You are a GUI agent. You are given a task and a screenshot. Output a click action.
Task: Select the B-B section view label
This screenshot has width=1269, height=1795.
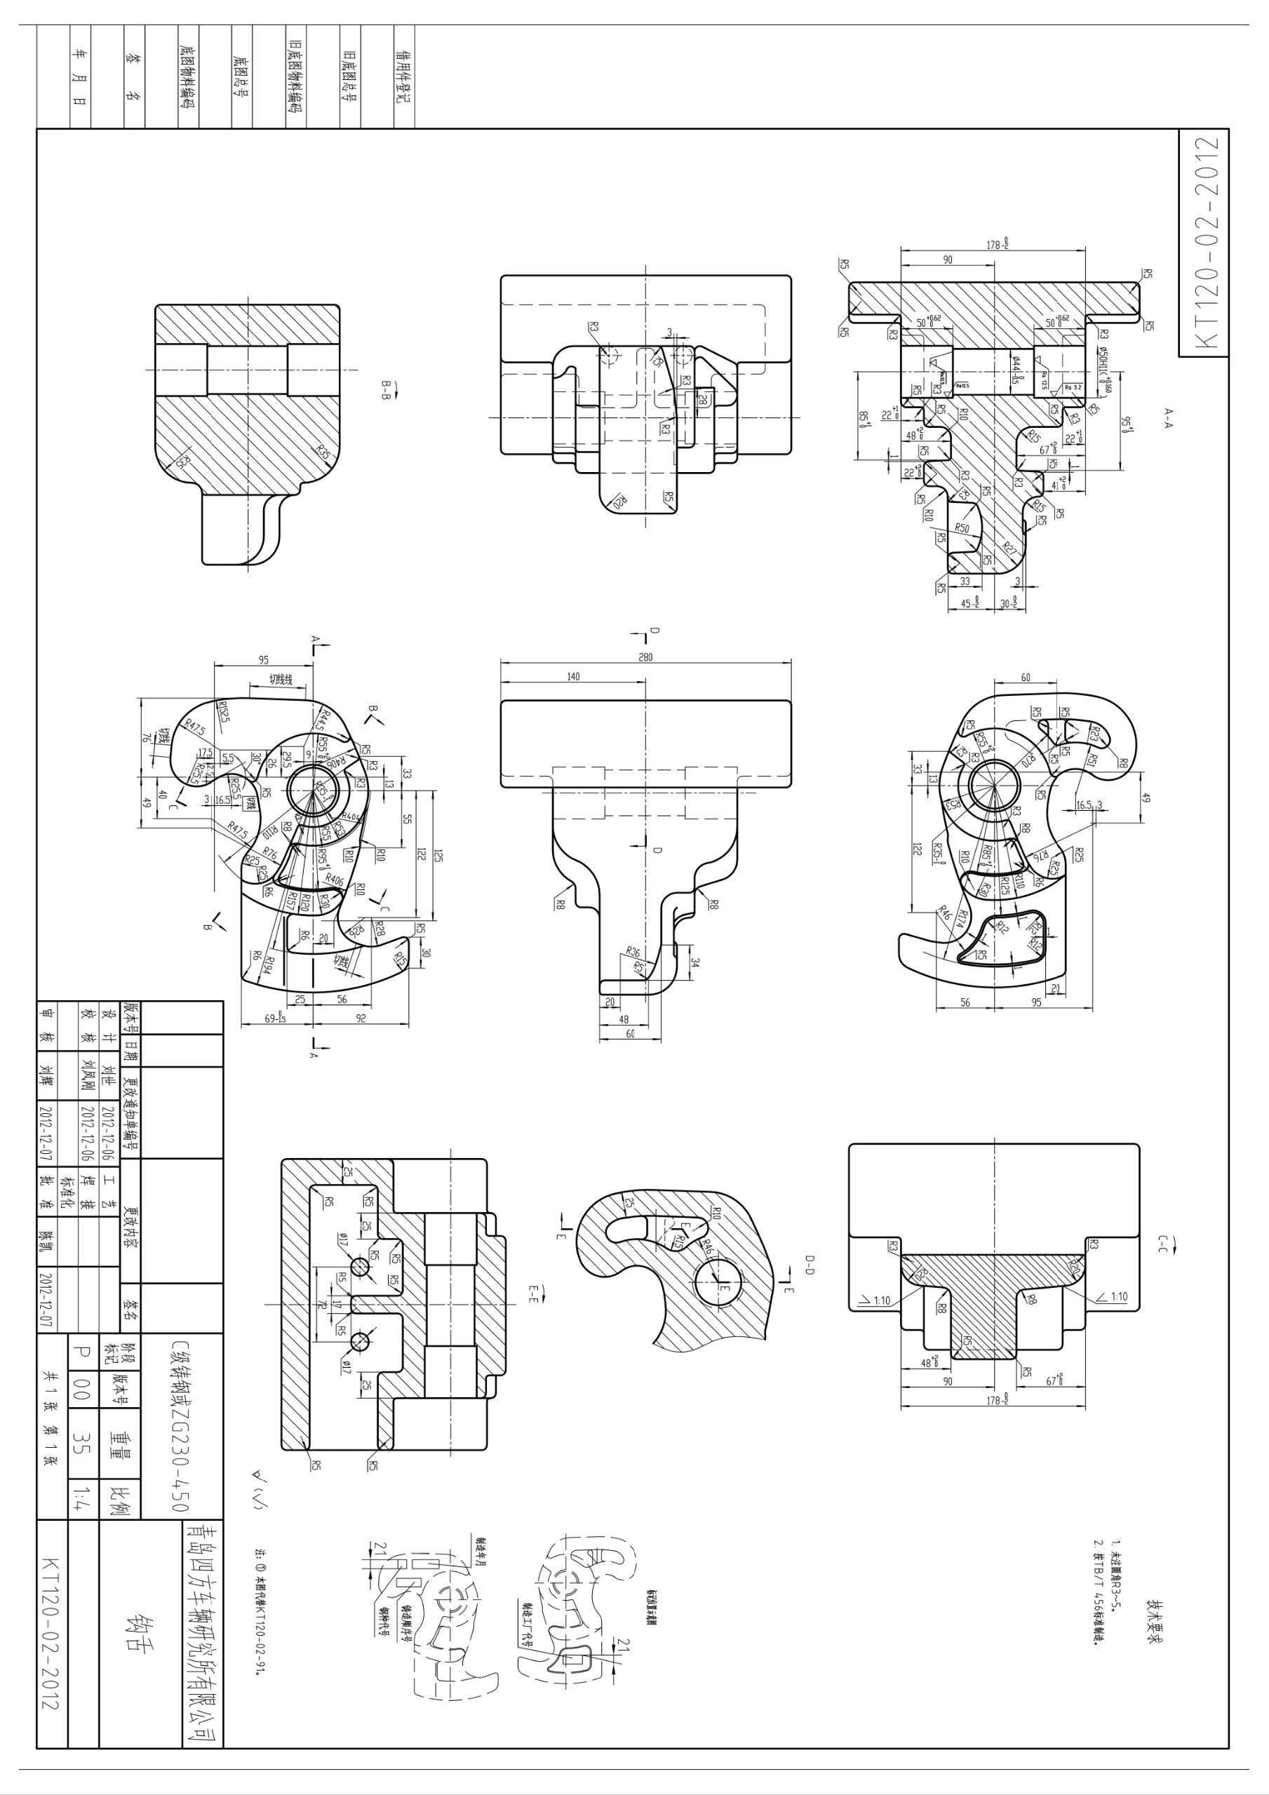385,389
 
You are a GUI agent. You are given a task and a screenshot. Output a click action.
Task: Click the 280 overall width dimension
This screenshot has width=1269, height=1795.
645,657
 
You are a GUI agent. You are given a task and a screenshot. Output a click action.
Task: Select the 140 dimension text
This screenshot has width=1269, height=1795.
573,677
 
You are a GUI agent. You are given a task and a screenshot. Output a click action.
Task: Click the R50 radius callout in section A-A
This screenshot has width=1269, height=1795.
962,528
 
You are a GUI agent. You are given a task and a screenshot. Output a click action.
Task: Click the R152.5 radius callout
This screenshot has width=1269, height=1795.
223,711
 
